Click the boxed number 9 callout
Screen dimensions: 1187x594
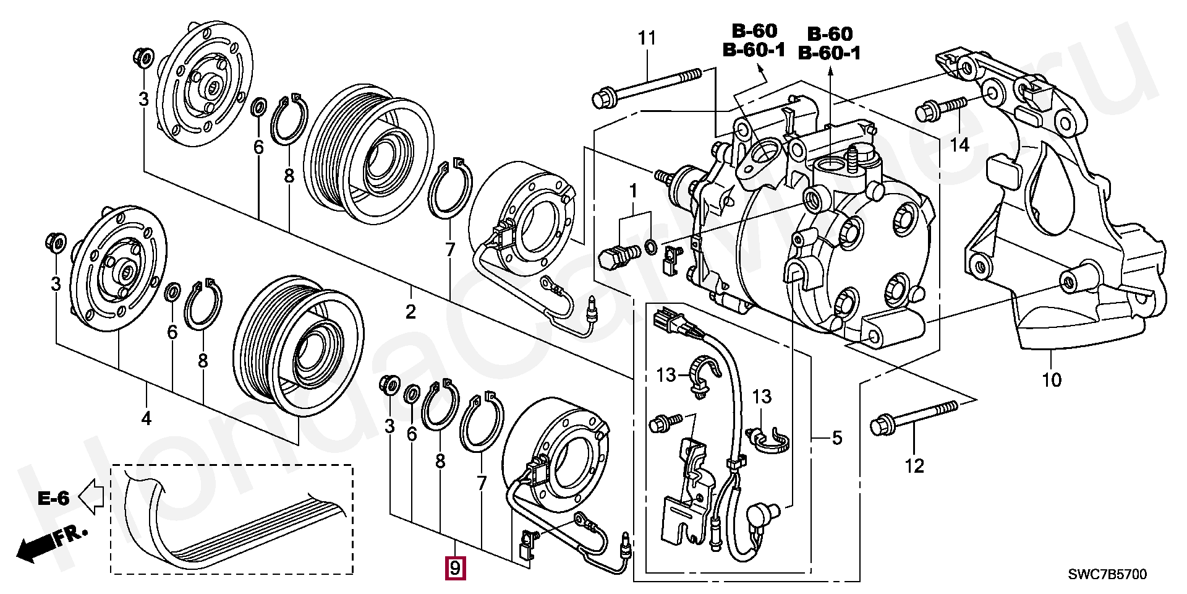coord(454,568)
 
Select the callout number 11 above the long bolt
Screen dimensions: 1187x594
coord(647,38)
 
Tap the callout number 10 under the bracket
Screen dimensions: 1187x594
coord(1052,379)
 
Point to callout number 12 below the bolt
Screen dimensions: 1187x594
coord(914,465)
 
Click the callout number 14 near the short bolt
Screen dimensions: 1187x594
coord(959,146)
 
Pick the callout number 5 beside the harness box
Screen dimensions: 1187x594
coord(836,438)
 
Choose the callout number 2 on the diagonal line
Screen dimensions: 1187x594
coord(411,312)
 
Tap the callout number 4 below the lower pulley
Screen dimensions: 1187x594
coord(146,419)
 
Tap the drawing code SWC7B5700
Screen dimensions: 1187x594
coord(1107,575)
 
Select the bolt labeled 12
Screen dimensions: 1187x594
coord(914,416)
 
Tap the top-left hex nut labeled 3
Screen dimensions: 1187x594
coord(144,58)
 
